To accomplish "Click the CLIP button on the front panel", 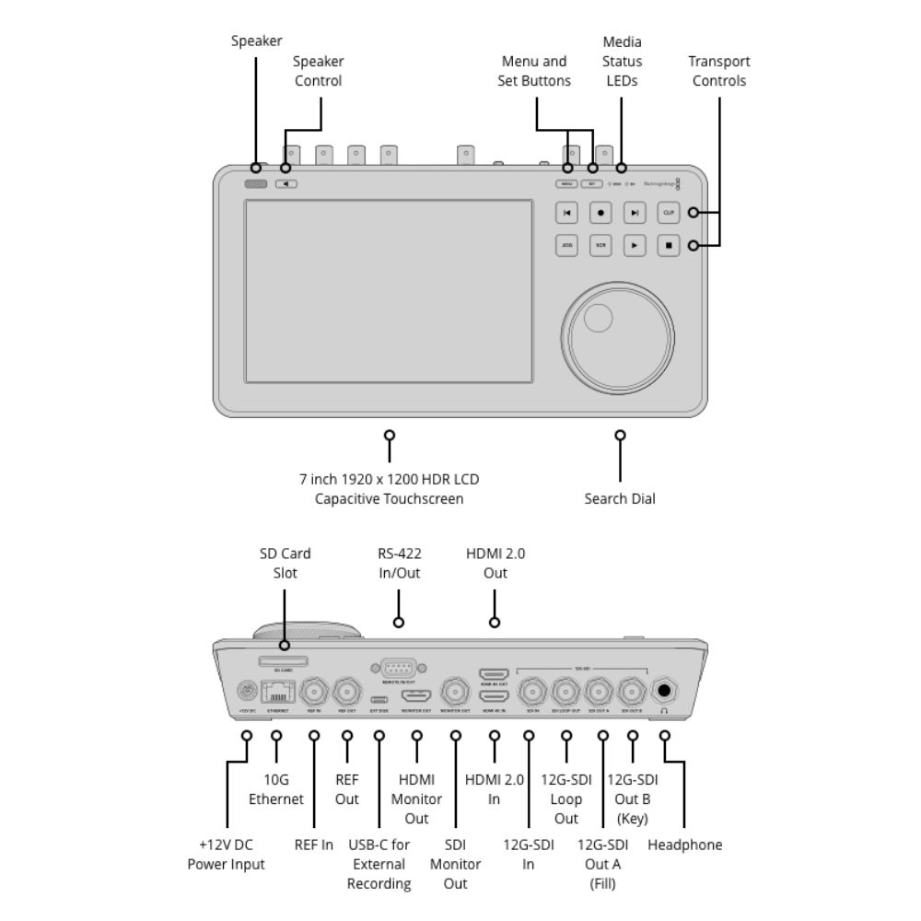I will pos(669,213).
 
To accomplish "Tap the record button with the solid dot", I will pos(600,213).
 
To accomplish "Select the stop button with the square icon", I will pos(669,246).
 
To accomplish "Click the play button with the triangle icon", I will pos(635,246).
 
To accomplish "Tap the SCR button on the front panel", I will pos(600,246).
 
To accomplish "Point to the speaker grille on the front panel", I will pos(256,183).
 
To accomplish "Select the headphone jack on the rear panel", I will pos(664,691).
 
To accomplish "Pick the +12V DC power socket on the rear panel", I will pos(247,691).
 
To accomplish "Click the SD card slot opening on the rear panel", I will pos(284,660).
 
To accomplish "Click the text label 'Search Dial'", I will pos(620,499).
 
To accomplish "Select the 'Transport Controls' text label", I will pos(719,71).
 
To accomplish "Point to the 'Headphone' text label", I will pos(685,845).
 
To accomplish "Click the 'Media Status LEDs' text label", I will pos(622,61).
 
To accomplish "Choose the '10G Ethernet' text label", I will pos(276,789).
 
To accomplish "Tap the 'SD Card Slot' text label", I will pos(284,563).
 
